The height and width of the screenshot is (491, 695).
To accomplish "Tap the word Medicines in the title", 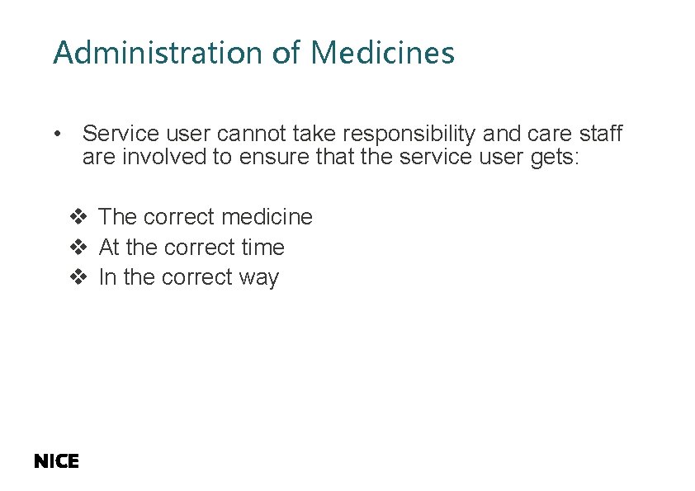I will (382, 53).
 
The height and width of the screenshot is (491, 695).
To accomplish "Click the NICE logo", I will (56, 462).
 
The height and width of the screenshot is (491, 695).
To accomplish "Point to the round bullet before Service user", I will (56, 134).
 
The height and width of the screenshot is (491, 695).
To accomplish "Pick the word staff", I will (600, 134).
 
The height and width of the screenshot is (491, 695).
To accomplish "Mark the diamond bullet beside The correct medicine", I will (78, 217).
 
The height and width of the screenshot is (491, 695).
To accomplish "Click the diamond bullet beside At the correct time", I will (78, 248).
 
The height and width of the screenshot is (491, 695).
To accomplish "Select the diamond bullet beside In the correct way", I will (78, 278).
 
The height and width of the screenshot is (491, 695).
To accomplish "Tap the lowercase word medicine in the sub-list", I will (269, 217).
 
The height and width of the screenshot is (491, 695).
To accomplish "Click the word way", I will (258, 278).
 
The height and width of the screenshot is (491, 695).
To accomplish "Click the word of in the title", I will (286, 53).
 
